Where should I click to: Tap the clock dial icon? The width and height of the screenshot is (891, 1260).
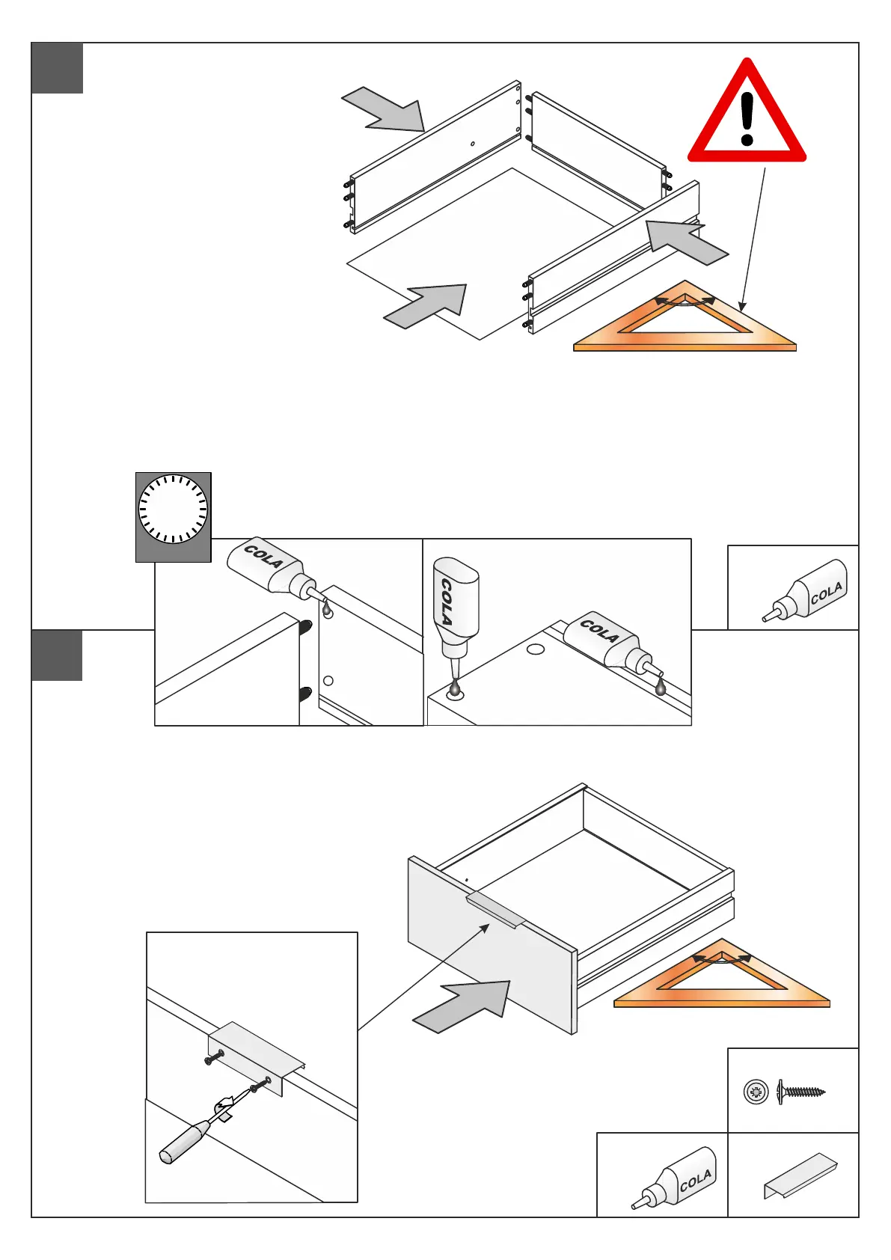173,510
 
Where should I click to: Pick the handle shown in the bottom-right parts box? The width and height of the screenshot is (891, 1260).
800,1174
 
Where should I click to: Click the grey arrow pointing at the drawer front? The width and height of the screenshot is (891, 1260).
464,1006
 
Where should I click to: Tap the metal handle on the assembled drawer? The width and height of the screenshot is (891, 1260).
497,910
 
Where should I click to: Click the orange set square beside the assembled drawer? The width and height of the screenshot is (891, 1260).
721,976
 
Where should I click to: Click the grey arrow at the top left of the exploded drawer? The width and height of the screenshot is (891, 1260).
385,109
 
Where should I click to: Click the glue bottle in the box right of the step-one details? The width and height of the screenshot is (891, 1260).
806,590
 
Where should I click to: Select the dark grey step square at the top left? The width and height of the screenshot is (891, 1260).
58,68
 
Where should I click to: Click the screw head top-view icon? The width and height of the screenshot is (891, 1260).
756,1092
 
